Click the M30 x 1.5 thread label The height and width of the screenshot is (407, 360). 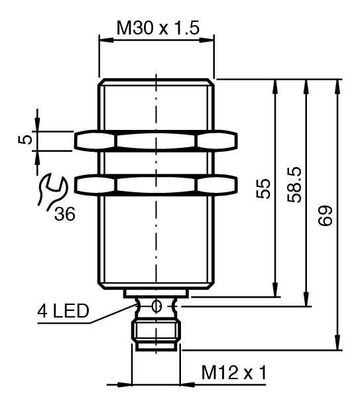pos(158,28)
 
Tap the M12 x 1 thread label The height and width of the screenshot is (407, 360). pos(234,373)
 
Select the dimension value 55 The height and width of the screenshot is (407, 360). pos(263,189)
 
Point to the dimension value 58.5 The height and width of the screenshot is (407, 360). pos(294,184)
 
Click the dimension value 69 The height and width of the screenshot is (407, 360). pos(326,215)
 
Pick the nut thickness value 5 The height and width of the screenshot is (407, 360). pos(25,140)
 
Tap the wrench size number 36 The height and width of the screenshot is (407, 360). pos(65,214)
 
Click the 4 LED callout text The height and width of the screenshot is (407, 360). pos(63,311)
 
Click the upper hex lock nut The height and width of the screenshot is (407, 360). pos(156,141)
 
